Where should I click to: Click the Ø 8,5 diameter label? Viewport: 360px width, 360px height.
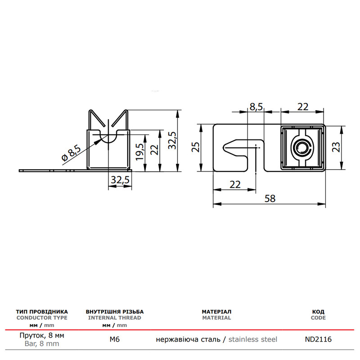(x=71, y=153)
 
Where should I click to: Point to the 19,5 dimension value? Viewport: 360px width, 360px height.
(x=140, y=152)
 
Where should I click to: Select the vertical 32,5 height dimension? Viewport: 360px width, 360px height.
(x=172, y=140)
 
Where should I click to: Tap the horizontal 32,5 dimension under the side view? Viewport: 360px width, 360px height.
(x=120, y=180)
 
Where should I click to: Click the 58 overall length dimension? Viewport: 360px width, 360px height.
(x=270, y=198)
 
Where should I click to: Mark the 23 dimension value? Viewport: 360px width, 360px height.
(x=336, y=147)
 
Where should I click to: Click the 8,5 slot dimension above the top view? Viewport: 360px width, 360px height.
(x=256, y=107)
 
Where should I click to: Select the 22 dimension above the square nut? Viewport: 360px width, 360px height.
(x=303, y=107)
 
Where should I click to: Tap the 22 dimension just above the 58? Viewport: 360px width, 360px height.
(x=235, y=184)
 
